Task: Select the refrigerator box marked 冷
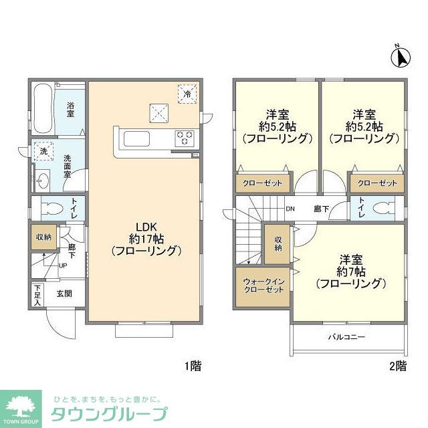click(x=188, y=94)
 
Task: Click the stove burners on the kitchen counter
click(x=185, y=138)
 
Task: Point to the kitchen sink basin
click(x=136, y=139)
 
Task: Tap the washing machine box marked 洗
click(x=43, y=152)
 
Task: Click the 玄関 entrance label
click(x=64, y=292)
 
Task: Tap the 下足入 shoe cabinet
click(x=37, y=294)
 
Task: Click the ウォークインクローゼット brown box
click(x=261, y=286)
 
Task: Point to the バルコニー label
click(x=346, y=337)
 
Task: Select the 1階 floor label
click(x=193, y=366)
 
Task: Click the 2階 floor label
click(x=397, y=366)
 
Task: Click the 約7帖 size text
click(x=350, y=272)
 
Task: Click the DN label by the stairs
click(x=290, y=209)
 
